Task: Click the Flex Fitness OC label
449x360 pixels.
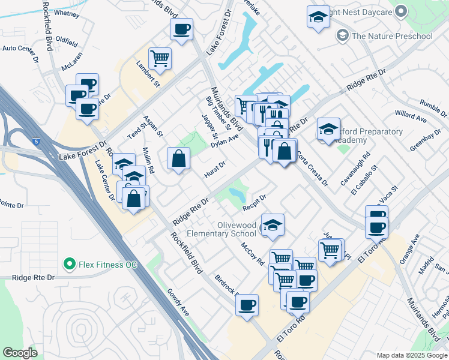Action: pyautogui.click(x=104, y=263)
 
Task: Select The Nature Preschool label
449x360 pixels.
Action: pyautogui.click(x=392, y=36)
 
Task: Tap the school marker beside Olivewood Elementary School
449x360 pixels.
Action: pyautogui.click(x=273, y=225)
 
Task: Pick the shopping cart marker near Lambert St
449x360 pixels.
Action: pyautogui.click(x=160, y=59)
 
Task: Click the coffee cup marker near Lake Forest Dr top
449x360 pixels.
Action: pyautogui.click(x=181, y=28)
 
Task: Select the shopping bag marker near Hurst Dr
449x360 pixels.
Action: pyautogui.click(x=179, y=158)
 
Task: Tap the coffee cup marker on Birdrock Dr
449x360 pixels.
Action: pyautogui.click(x=247, y=305)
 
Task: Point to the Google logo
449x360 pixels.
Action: pyautogui.click(x=20, y=353)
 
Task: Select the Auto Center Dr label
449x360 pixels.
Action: pyautogui.click(x=20, y=48)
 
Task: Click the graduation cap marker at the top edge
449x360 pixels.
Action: pyautogui.click(x=318, y=17)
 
